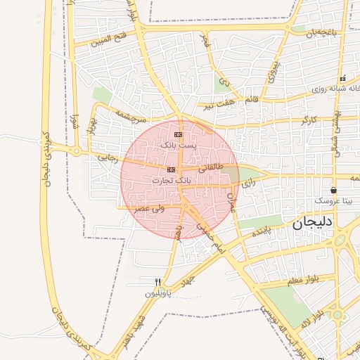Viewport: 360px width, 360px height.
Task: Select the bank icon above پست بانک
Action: [x=178, y=134]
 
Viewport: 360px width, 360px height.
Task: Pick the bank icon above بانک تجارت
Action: [x=172, y=170]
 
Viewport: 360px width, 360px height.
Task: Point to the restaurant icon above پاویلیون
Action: [x=158, y=282]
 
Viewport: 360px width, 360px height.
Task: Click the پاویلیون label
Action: [x=158, y=293]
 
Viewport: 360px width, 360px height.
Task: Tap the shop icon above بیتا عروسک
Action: [x=333, y=190]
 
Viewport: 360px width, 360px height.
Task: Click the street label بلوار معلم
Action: [x=302, y=280]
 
